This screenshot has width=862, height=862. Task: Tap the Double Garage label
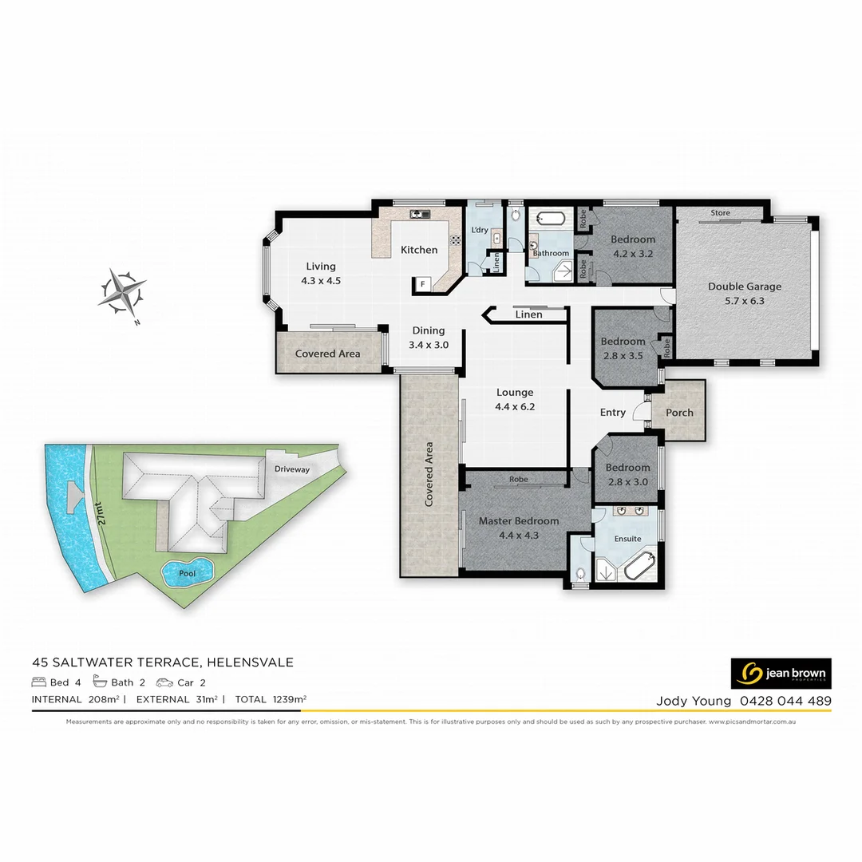point(745,287)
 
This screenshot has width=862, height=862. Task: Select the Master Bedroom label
point(519,521)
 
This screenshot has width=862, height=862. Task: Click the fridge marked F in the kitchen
point(421,283)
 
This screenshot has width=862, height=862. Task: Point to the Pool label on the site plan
point(188,573)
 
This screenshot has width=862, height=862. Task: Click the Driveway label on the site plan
point(291,469)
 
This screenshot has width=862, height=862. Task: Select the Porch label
point(679,413)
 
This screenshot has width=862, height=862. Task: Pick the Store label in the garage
point(721,213)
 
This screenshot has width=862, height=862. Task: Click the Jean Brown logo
point(781,674)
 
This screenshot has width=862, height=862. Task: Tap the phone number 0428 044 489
point(785,702)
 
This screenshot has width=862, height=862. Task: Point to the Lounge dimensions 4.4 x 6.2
point(515,406)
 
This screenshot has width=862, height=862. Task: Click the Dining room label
point(428,331)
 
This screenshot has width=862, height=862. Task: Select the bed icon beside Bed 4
point(39,682)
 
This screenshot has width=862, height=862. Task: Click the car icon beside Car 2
point(164,682)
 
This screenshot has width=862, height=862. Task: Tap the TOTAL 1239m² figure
point(271,700)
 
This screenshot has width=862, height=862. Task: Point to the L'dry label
point(480,231)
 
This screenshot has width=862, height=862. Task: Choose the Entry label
point(613,413)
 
